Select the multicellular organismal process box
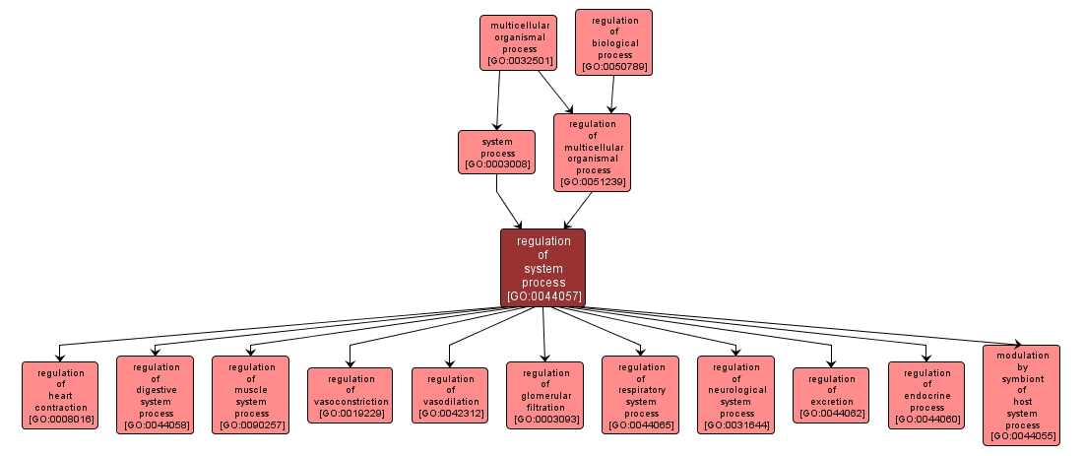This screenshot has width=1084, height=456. (x=518, y=42)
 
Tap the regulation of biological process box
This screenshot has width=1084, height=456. (x=614, y=42)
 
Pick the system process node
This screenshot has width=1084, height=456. (x=496, y=152)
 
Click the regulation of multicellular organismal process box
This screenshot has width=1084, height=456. (x=592, y=151)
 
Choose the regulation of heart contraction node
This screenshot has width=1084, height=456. (x=60, y=395)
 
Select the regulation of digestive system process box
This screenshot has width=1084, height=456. (x=156, y=395)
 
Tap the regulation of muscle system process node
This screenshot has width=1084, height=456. (x=250, y=395)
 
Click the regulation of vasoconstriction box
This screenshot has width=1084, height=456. (x=350, y=395)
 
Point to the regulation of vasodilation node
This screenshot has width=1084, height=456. (x=449, y=395)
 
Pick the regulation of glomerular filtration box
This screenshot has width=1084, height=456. (x=544, y=395)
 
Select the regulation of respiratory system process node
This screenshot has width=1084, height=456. (x=640, y=395)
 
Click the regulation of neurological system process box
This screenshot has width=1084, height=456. (x=735, y=395)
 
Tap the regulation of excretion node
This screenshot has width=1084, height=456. (x=831, y=395)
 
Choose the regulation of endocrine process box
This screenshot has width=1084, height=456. (x=926, y=395)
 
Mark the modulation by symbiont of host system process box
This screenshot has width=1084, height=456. (x=1022, y=395)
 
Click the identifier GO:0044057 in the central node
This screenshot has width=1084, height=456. (x=543, y=295)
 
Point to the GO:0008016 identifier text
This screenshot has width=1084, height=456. (x=61, y=420)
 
